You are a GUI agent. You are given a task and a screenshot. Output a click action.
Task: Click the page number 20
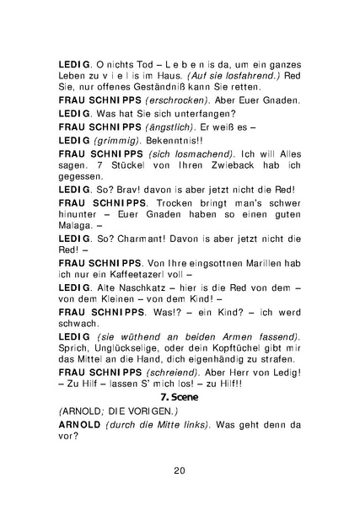(180, 470)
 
